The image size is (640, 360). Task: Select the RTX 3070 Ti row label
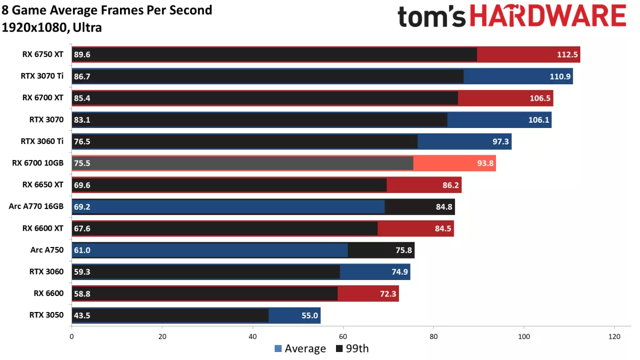point(42,76)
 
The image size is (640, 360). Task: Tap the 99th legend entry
point(353,349)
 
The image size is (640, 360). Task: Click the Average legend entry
point(300,349)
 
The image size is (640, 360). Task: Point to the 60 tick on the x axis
point(343,337)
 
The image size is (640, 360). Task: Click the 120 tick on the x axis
point(614,337)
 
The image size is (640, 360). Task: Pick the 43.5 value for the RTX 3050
point(82,315)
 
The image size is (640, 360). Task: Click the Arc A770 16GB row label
point(36,206)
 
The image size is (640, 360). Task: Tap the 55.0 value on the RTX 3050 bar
point(310,315)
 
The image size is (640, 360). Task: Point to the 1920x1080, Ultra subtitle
point(52,27)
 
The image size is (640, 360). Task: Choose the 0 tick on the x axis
point(71,337)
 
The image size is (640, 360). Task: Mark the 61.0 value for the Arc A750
point(82,250)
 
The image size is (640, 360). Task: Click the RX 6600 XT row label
point(43,228)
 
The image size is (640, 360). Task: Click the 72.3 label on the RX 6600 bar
point(388,293)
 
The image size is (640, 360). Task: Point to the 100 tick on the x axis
point(524,337)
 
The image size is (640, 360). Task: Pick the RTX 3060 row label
point(46,271)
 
